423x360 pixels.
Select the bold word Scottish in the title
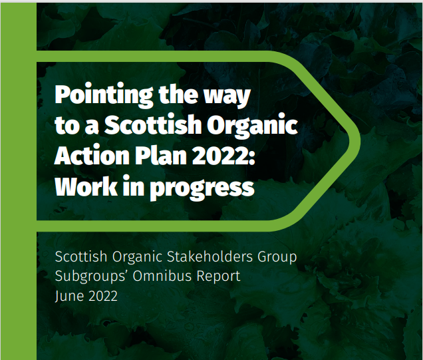coord(152,126)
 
